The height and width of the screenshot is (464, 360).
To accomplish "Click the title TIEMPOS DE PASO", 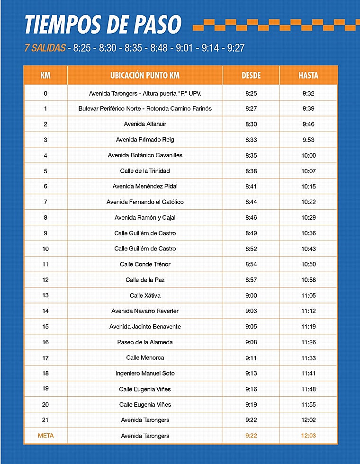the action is [103, 24].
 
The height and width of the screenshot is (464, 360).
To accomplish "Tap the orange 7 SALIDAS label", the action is [45, 48].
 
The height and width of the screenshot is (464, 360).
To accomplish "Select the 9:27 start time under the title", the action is [236, 48].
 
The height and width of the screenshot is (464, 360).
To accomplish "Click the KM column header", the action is [45, 75].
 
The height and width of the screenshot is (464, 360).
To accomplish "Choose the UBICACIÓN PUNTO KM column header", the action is [145, 75].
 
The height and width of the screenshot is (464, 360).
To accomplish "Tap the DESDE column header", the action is [251, 75].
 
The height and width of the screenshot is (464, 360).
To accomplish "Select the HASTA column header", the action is [308, 75].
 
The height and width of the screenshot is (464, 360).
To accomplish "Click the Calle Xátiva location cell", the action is [145, 295].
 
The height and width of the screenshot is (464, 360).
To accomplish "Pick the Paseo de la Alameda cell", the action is [145, 342].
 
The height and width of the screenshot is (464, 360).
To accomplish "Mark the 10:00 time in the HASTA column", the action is [308, 155].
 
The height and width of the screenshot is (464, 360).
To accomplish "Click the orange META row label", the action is [45, 436].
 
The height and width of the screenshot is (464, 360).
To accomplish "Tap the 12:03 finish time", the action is [308, 436].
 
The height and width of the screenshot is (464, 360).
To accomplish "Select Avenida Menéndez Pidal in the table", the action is [145, 187].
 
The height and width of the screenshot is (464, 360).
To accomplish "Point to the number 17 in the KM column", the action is [45, 358].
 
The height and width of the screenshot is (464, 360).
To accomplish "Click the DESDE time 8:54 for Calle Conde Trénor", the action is [251, 264].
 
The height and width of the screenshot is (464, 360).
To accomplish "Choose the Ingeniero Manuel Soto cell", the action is [145, 374].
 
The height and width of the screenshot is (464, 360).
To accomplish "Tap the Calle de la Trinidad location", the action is [145, 171].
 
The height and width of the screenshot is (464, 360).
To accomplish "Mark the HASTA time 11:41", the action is [308, 374].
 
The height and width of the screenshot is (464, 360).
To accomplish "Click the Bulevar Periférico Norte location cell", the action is [145, 108].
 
